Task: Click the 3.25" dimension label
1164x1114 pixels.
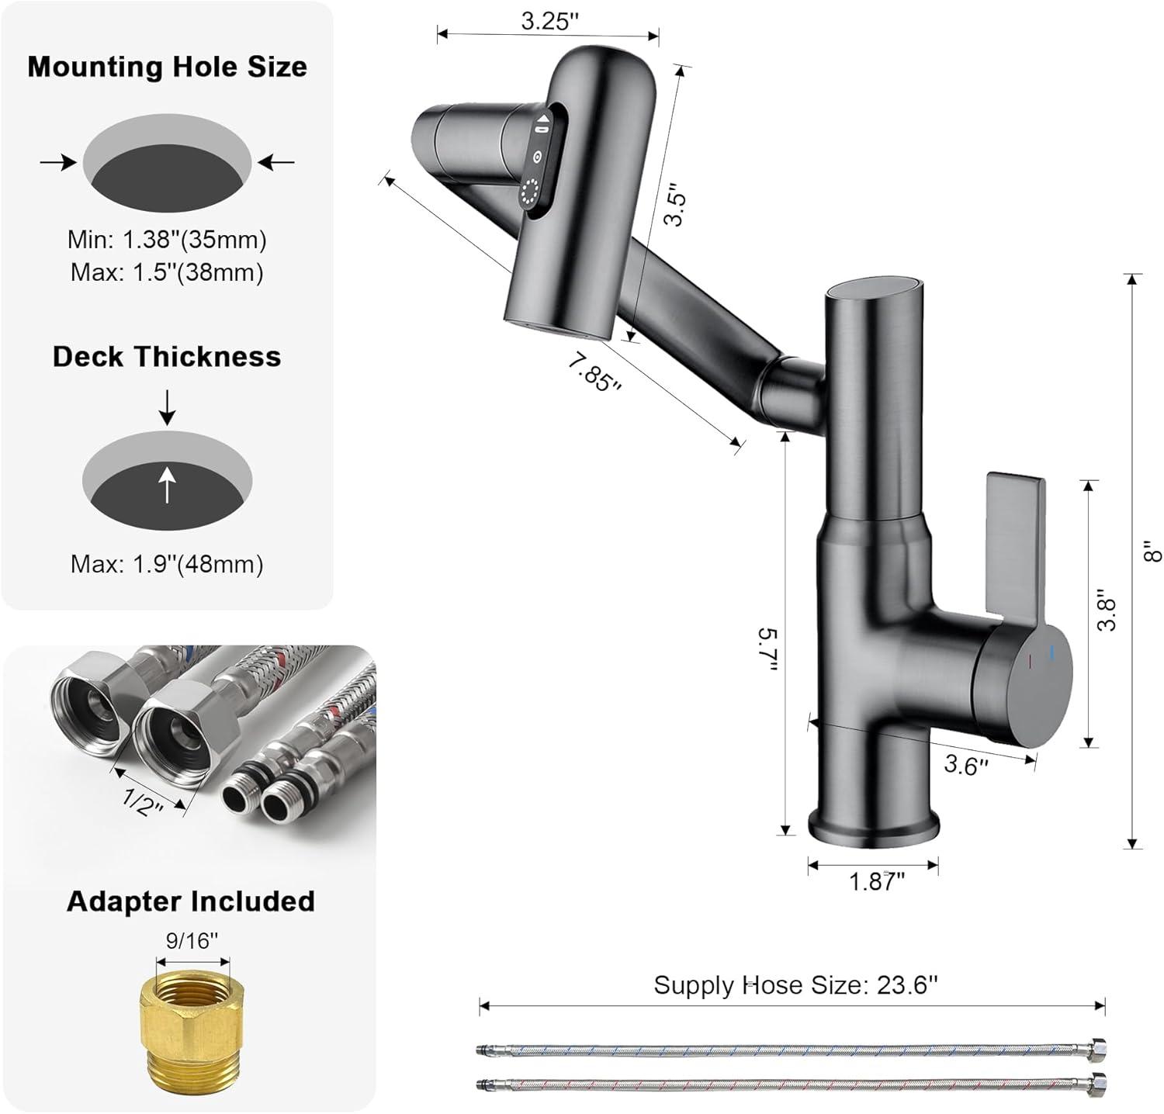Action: (550, 21)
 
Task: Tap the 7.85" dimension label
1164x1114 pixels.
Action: (594, 372)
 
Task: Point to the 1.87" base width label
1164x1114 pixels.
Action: (877, 881)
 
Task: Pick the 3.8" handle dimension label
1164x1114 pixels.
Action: (1108, 614)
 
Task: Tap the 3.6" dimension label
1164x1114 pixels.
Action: (965, 766)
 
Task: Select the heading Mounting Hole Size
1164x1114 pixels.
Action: (167, 67)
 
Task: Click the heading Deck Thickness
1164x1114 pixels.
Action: (167, 357)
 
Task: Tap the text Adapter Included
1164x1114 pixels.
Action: (190, 901)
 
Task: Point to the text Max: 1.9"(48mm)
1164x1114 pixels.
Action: (167, 564)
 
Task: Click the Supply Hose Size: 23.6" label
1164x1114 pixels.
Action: (795, 985)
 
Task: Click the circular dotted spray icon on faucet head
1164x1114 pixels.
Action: (532, 192)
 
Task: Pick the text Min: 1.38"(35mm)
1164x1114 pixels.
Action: (167, 240)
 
